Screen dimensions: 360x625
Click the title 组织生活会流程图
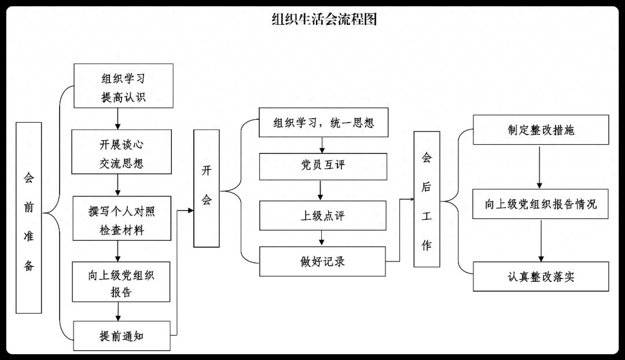[324, 20]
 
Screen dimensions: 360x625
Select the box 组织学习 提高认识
[123, 86]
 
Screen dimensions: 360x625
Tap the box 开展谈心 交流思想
[122, 152]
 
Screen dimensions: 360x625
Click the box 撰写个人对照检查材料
[122, 218]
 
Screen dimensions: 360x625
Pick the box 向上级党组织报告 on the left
[122, 281]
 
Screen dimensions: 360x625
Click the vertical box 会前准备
[29, 218]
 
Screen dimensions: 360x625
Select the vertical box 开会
[207, 188]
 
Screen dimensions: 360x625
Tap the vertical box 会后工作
[427, 199]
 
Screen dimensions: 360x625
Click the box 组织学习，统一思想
[323, 123]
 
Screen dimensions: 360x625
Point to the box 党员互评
[323, 166]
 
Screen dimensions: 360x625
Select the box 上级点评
[323, 215]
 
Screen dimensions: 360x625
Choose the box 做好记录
[323, 261]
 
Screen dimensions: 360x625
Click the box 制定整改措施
[541, 130]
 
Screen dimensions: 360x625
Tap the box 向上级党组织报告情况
[541, 204]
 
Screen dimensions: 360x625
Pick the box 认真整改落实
[541, 276]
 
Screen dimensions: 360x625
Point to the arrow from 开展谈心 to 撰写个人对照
[119, 185]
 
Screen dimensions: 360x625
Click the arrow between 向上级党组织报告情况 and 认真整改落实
[542, 240]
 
